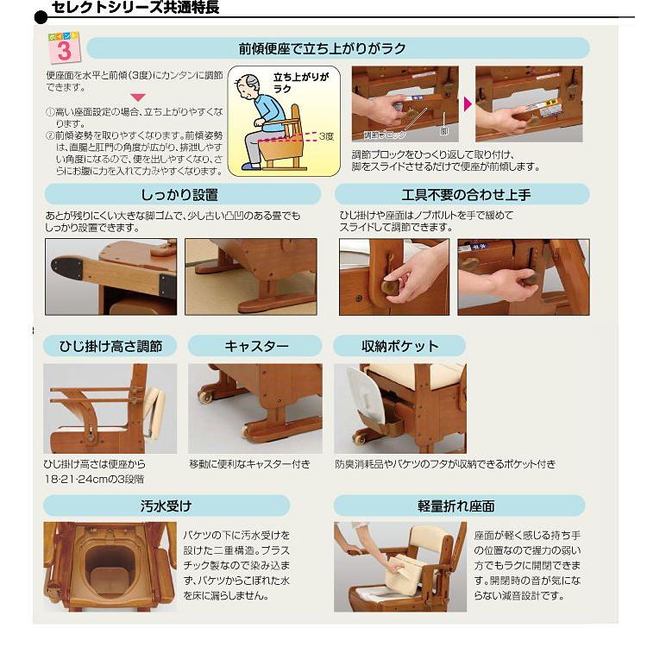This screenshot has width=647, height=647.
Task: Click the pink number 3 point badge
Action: [63, 50]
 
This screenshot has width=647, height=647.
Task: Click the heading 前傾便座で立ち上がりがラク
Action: [322, 48]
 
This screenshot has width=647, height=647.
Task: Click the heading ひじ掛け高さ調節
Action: [110, 346]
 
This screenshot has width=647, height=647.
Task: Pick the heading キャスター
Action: [256, 346]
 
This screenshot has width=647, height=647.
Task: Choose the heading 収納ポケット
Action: [399, 346]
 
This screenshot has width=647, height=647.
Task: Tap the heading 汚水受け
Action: [166, 506]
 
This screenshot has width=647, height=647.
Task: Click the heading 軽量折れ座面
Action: [459, 506]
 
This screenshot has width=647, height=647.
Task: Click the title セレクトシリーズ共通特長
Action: [135, 9]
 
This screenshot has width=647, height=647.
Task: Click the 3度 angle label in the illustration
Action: [325, 135]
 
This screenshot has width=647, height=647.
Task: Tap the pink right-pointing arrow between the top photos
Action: [468, 104]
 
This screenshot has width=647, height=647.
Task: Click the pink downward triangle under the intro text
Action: [137, 97]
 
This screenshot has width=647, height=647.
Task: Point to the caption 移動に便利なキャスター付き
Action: [249, 464]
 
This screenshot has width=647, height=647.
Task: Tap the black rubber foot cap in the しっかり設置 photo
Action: [65, 267]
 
